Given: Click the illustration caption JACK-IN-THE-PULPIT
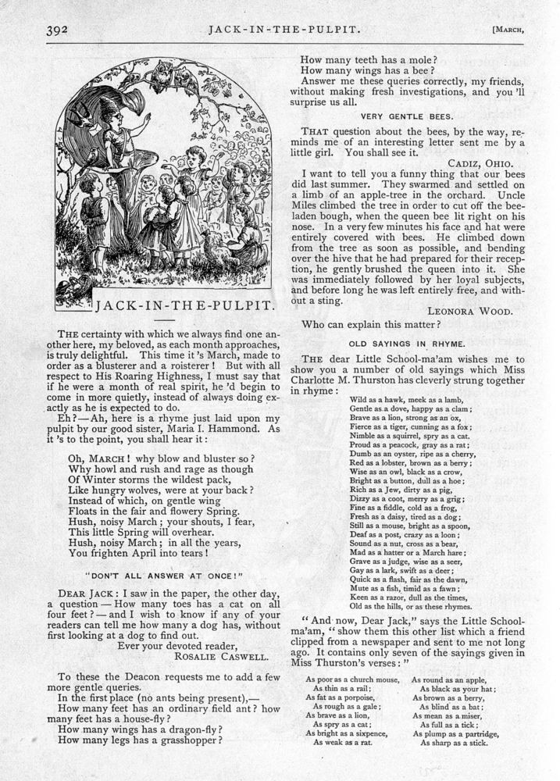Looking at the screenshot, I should (185, 303).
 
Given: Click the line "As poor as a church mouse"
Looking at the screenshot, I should (352, 679).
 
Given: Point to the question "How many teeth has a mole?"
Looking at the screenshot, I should (369, 58).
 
